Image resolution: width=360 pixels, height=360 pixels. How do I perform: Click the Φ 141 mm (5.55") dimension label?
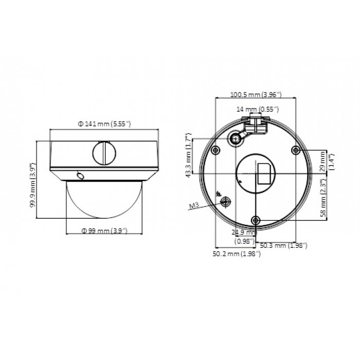click(x=104, y=123)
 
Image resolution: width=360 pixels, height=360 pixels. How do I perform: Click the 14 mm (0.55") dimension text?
click(x=257, y=109)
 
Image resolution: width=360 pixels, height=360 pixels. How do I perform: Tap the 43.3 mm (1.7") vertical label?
click(x=189, y=154)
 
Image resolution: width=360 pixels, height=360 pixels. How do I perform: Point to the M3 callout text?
click(x=194, y=206)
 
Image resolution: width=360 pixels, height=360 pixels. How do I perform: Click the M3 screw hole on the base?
click(x=224, y=202)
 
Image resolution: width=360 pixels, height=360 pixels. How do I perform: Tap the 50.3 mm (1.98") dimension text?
click(x=280, y=245)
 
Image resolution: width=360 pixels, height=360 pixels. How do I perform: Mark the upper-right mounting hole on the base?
click(x=295, y=150)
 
